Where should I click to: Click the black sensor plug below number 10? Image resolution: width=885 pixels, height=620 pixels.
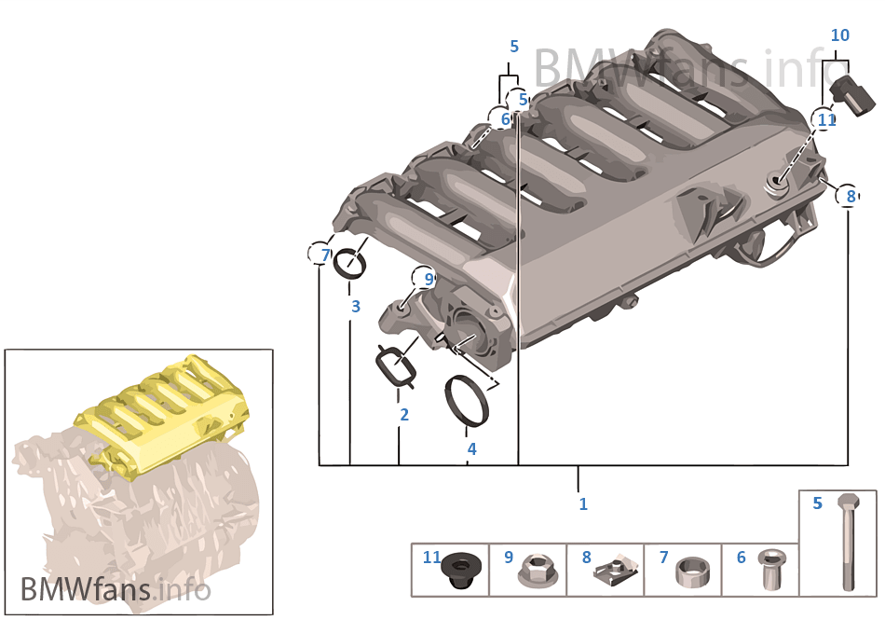tap(853, 95)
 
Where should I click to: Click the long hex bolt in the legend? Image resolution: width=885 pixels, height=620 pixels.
tap(848, 541)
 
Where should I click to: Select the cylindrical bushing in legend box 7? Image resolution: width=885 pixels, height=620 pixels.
tap(693, 572)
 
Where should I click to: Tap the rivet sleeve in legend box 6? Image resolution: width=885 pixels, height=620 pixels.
tap(771, 568)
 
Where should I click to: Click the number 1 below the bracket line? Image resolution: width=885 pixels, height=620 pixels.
tap(583, 503)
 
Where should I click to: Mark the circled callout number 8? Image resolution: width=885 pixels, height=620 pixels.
tap(849, 196)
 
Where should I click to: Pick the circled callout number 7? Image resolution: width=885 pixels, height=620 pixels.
tap(320, 255)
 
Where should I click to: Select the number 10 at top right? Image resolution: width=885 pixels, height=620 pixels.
tap(840, 35)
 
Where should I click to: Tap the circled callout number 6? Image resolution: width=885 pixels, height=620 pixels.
tap(502, 119)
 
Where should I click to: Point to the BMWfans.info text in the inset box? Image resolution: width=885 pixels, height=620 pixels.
tap(116, 590)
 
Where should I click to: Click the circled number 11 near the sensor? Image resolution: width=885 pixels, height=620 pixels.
tap(824, 119)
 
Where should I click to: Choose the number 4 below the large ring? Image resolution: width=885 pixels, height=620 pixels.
tap(472, 448)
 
